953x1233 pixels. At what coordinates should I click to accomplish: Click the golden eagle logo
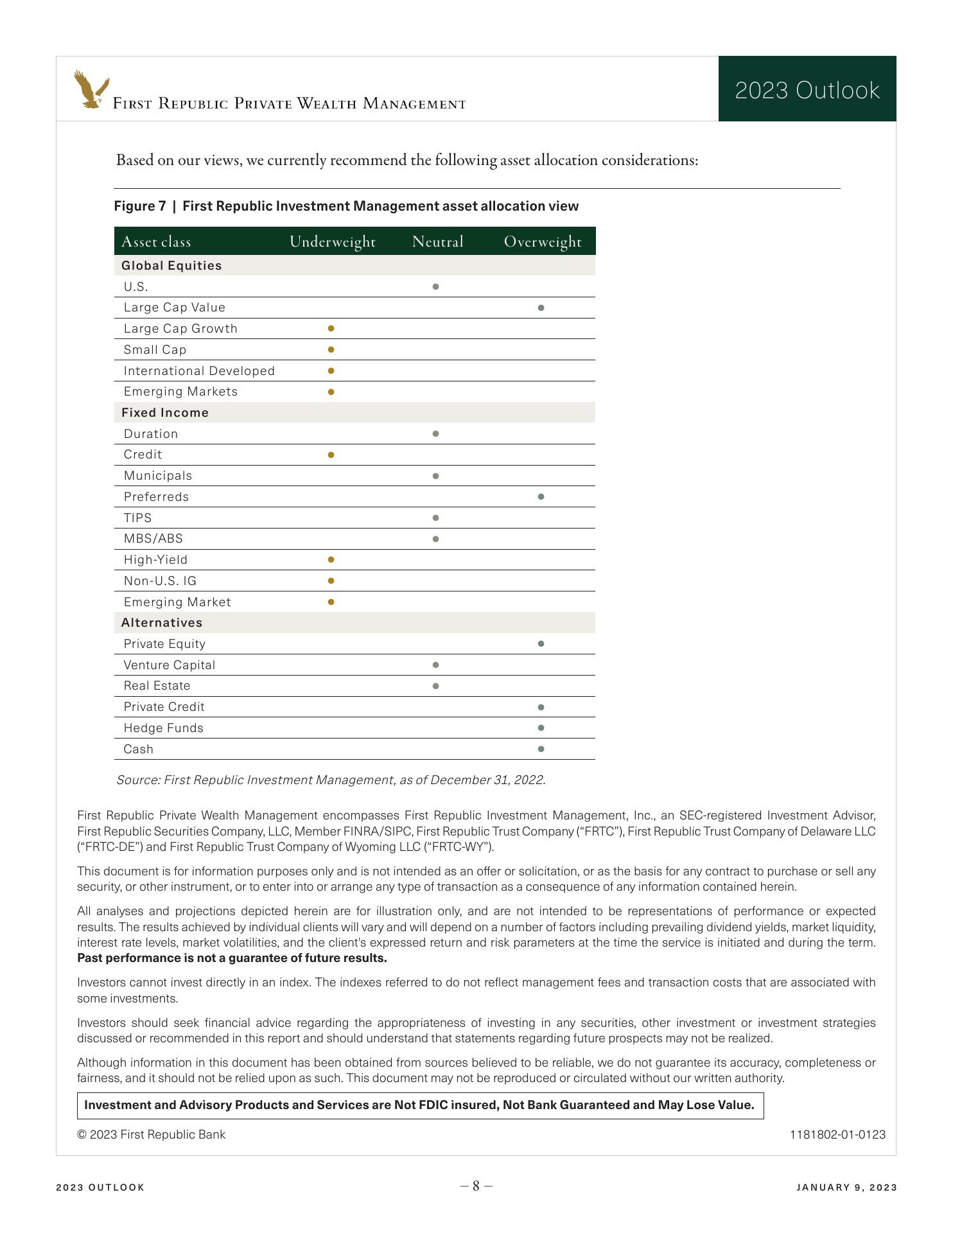[x=91, y=89]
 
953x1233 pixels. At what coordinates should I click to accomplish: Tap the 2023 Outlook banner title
[x=807, y=91]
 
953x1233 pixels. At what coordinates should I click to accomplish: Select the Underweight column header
[x=332, y=241]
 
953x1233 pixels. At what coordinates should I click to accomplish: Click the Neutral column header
[x=437, y=241]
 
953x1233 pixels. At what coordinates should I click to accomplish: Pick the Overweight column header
[x=543, y=241]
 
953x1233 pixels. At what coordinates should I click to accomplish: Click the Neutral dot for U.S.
[x=436, y=286]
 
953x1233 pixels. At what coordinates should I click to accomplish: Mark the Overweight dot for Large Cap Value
[x=541, y=308]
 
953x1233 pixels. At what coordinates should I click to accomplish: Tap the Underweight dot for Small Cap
[x=331, y=350]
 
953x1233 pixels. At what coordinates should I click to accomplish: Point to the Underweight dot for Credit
[x=331, y=455]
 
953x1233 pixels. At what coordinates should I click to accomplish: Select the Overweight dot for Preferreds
[x=541, y=496]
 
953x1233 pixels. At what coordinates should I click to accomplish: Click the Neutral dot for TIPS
[x=436, y=518]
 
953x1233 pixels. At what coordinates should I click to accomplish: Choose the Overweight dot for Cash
[x=541, y=749]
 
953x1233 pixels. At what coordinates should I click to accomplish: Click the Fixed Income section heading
[x=165, y=412]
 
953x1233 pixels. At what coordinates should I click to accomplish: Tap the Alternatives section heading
[x=162, y=622]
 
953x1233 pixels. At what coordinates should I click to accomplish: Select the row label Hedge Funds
[x=164, y=728]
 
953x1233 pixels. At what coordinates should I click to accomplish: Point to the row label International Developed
[x=199, y=371]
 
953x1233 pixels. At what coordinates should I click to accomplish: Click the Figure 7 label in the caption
[x=139, y=206]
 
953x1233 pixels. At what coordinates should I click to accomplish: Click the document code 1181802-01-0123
[x=837, y=1135]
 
